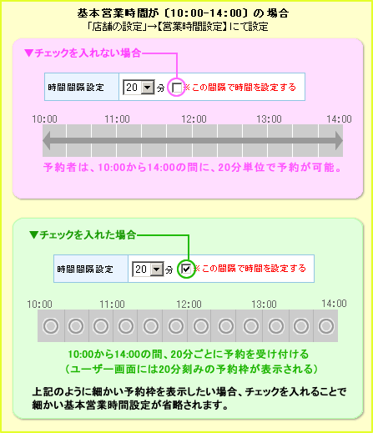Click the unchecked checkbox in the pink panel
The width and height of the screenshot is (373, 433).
[177, 88]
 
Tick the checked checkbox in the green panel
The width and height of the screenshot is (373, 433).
[186, 269]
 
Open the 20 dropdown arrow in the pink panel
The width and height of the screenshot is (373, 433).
[148, 88]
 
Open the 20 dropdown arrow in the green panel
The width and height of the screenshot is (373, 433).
[157, 269]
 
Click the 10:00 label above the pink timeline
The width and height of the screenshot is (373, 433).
[44, 119]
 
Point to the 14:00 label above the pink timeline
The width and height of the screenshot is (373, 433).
[339, 119]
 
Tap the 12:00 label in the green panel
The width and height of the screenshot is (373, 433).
[189, 305]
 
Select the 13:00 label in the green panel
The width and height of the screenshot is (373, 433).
[264, 305]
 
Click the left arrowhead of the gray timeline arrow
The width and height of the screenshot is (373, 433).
[47, 141]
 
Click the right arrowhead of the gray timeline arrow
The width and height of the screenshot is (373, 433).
[339, 141]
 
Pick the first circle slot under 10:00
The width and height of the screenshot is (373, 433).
[51, 326]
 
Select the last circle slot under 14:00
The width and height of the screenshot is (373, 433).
[326, 326]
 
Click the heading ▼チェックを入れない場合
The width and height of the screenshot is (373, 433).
[83, 53]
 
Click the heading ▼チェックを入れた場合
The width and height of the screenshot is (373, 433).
[83, 234]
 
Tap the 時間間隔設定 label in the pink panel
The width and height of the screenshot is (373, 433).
[76, 88]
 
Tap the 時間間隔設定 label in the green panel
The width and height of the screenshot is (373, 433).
[85, 269]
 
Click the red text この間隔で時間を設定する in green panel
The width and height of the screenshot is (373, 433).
[254, 269]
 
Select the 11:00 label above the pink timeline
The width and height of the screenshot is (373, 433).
[117, 119]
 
